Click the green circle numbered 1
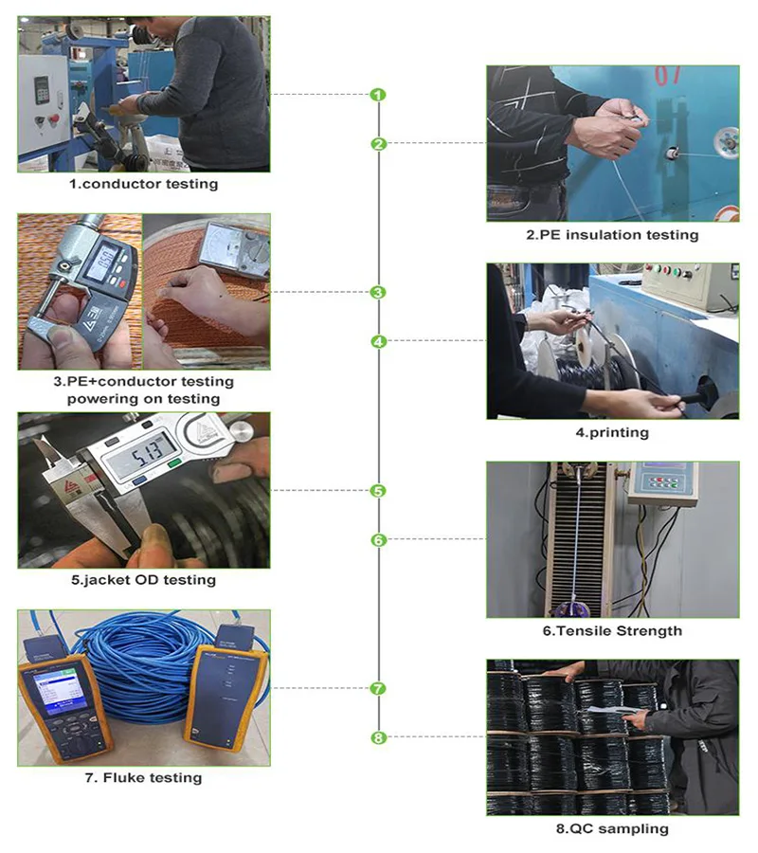378,95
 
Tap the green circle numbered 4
378,341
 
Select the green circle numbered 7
378,689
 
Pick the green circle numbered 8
378,737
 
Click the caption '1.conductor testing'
143,184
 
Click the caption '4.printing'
612,432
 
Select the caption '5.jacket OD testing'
143,579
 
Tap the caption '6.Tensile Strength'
612,630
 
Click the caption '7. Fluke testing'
143,777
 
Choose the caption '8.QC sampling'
612,828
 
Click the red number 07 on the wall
667,76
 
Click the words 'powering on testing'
143,398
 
